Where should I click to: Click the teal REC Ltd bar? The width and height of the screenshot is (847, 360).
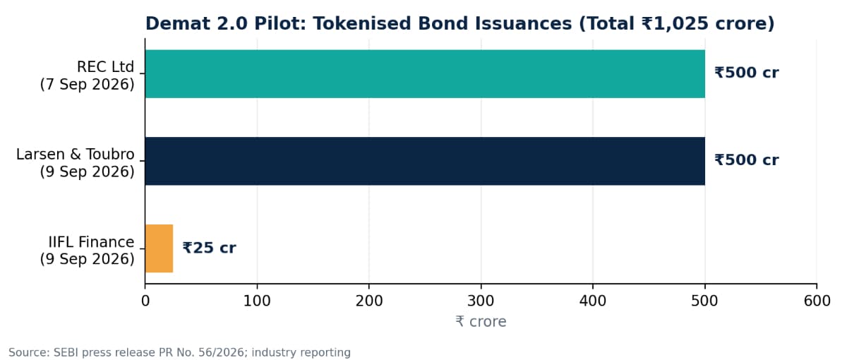(x=425, y=73)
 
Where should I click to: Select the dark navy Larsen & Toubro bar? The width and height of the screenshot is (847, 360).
(x=425, y=161)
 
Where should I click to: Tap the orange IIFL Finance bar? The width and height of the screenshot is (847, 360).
(x=160, y=248)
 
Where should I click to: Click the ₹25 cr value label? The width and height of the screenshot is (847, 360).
(x=209, y=248)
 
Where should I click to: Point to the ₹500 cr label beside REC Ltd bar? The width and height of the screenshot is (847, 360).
(x=747, y=73)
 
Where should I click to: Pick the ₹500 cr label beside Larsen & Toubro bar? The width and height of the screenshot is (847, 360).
(x=747, y=160)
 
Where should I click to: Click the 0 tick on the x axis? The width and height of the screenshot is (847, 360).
(x=145, y=301)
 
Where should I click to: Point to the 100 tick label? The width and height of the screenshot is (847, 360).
(x=257, y=301)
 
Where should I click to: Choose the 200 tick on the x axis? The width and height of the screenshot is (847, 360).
(x=369, y=301)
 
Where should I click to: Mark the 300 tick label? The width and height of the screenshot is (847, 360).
(x=481, y=301)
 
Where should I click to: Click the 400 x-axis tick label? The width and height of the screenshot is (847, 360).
(x=593, y=301)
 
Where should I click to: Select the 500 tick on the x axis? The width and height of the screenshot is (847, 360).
(x=705, y=301)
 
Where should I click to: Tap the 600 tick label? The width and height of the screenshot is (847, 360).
(x=817, y=301)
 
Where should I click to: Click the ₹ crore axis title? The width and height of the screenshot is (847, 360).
(x=481, y=321)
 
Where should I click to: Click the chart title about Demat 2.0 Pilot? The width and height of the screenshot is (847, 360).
(x=460, y=23)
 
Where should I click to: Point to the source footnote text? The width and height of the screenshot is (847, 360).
(x=179, y=352)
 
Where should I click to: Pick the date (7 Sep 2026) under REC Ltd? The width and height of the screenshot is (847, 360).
(x=88, y=84)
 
